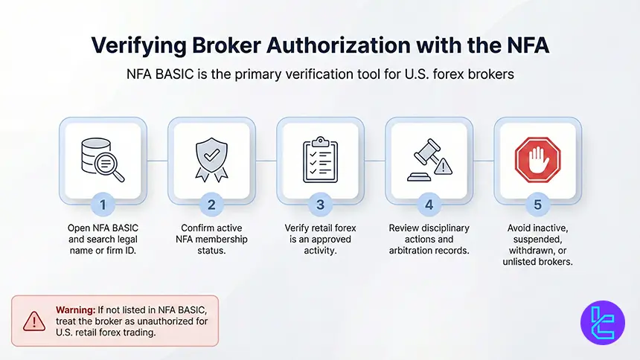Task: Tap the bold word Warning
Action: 74,309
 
